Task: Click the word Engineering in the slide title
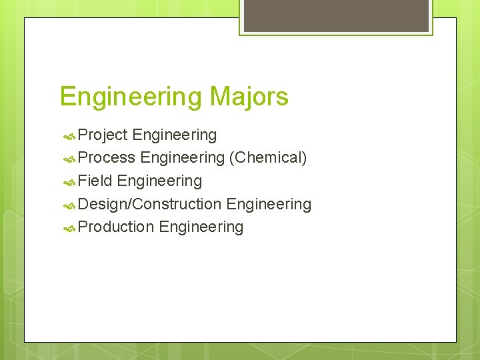click(131, 97)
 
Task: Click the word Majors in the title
click(248, 97)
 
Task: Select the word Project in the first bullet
click(103, 135)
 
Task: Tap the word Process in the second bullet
click(107, 158)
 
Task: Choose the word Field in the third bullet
click(95, 181)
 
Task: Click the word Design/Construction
click(150, 204)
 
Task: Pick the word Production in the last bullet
click(116, 227)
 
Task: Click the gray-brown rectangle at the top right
click(335, 15)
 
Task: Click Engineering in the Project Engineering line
click(175, 135)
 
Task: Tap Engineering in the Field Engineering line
click(159, 181)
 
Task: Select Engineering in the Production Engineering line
click(201, 227)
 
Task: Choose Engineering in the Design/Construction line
click(269, 204)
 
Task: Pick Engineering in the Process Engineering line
click(182, 158)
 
